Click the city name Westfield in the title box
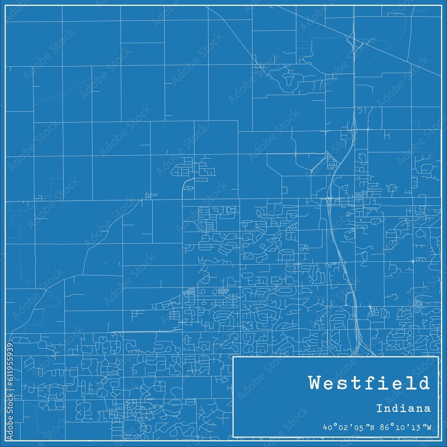click(369, 384)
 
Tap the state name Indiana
click(403, 408)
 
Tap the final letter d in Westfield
click(424, 384)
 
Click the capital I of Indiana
click(379, 408)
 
